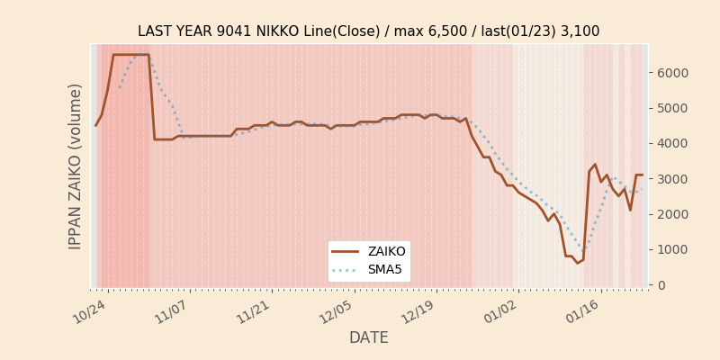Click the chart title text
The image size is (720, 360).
point(368,31)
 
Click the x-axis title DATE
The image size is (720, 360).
point(368,338)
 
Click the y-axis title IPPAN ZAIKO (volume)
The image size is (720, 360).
point(76,166)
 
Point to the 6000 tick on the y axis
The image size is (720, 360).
point(671,73)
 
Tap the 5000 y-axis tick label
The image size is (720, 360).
point(671,108)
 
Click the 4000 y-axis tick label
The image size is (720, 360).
point(671,143)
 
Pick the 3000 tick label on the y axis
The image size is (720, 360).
point(671,179)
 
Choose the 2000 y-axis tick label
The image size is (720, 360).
point(671,214)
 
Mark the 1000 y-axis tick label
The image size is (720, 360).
point(671,249)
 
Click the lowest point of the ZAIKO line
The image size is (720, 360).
point(578,263)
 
